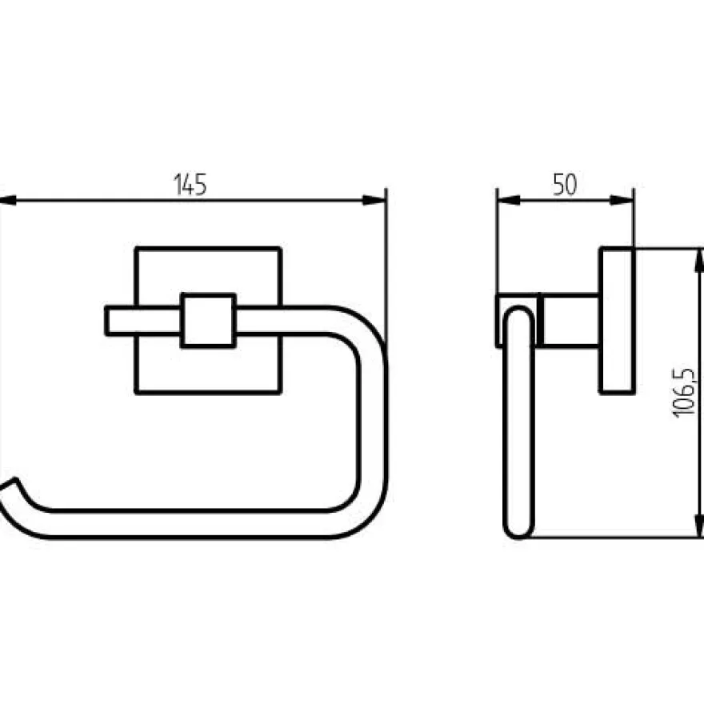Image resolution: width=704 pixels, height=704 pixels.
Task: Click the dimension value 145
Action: [x=190, y=184]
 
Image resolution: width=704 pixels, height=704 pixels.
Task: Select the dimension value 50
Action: [x=565, y=184]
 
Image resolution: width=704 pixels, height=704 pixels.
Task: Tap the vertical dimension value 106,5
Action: [x=684, y=394]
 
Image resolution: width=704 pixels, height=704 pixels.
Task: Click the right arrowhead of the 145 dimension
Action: [x=374, y=200]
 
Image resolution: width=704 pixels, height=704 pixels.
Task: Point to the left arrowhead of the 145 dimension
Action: [x=8, y=200]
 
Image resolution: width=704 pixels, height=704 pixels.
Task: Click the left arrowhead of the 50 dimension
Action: [x=509, y=200]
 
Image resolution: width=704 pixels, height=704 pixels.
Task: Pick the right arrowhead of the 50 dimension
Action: [x=622, y=200]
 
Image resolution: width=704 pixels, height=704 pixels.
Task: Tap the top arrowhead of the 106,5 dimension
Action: [x=698, y=260]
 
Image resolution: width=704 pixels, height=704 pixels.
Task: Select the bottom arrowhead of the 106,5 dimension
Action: [x=698, y=525]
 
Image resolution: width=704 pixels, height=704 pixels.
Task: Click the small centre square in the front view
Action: [x=208, y=321]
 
